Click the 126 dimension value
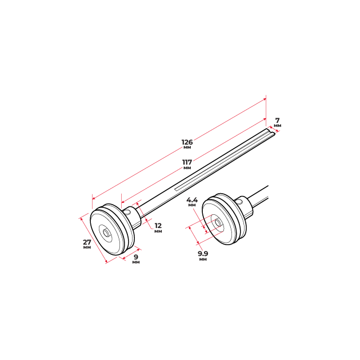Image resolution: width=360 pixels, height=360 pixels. click(187, 142)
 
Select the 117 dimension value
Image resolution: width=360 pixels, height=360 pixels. click(187, 162)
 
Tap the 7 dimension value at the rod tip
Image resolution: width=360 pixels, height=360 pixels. click(277, 121)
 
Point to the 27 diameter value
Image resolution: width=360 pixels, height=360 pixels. click(87, 242)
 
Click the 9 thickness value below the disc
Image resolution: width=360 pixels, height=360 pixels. click(136, 257)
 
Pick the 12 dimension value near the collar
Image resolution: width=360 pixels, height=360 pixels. click(158, 226)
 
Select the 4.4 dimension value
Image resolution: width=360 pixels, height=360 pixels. click(192, 199)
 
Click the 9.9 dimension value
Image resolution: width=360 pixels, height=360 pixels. click(203, 254)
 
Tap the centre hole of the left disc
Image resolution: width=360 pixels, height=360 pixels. click(106, 233)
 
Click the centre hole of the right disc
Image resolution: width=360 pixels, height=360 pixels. click(217, 222)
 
